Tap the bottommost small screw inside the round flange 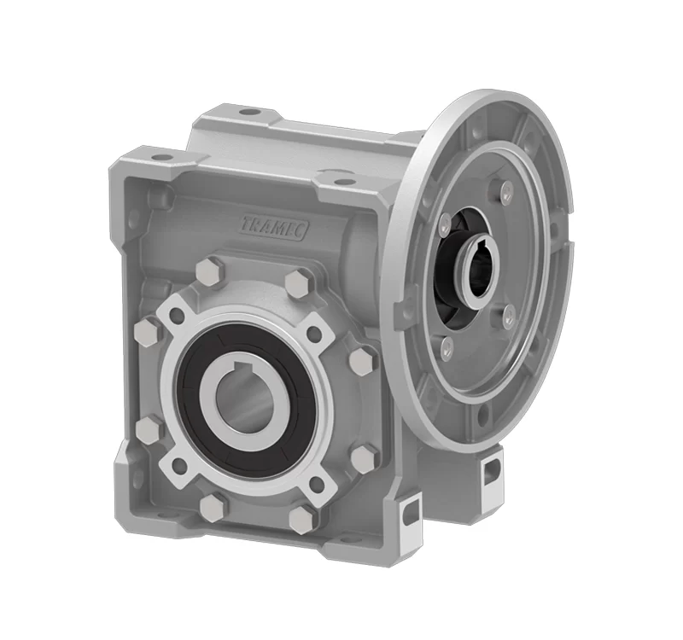pos(445,347)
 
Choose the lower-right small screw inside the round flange pos(509,314)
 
